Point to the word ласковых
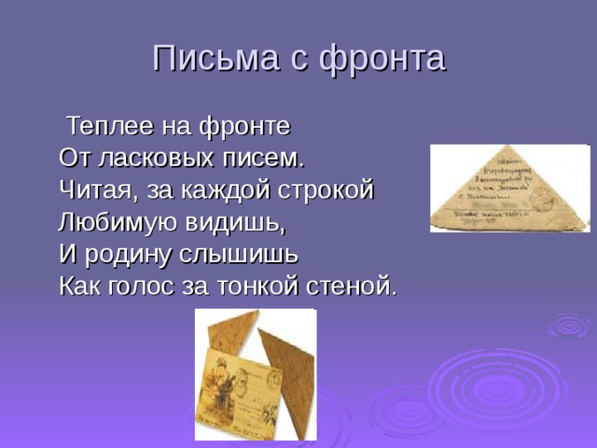pyautogui.click(x=156, y=157)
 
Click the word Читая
pyautogui.click(x=94, y=189)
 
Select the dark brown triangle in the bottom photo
pyautogui.click(x=290, y=373)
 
